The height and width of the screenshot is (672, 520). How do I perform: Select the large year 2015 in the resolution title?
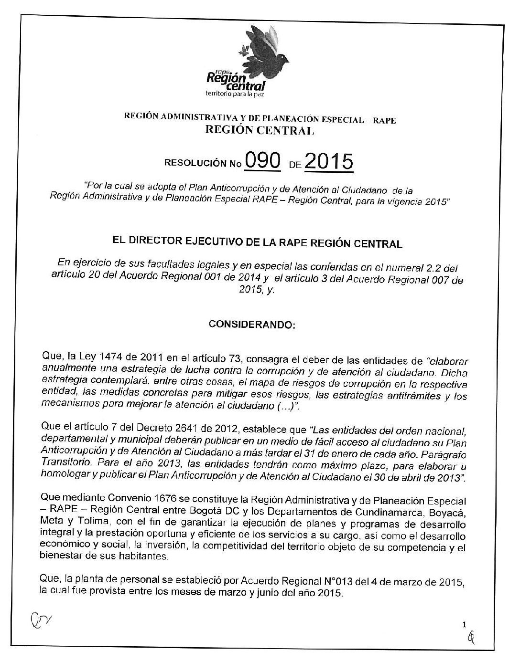tap(328, 163)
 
